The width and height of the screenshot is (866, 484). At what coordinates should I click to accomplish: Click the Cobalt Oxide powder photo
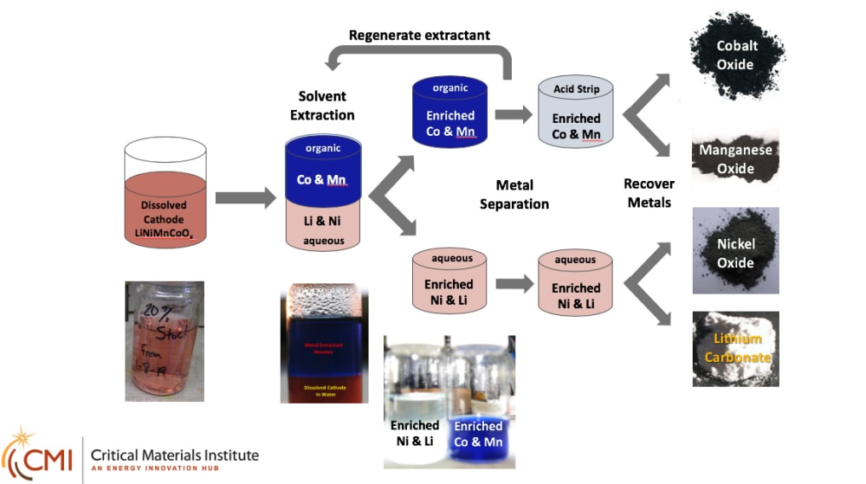point(736,55)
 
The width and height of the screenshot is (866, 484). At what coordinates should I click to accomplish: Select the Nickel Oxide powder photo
point(736,251)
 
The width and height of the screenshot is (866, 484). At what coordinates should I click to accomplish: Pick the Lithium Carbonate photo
point(736,348)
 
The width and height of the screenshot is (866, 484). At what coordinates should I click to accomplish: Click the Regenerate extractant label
point(419,35)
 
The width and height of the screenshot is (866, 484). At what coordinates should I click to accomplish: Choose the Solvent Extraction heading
point(322,106)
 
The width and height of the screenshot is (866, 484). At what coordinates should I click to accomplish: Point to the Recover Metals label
point(649,193)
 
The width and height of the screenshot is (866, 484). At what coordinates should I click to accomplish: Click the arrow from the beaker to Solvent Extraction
point(244,198)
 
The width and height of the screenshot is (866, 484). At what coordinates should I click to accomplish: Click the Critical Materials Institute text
point(174,455)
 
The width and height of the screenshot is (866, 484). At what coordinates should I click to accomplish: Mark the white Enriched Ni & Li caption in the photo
point(415,433)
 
